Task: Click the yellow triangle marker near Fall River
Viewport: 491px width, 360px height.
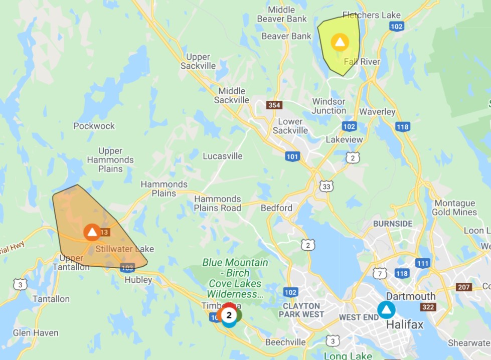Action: tap(340, 42)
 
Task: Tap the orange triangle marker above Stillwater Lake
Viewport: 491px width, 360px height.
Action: tap(92, 232)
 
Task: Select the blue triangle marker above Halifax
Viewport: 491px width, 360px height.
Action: tap(386, 310)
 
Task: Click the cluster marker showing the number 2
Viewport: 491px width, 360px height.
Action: tap(229, 315)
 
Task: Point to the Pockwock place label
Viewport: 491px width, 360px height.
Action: tap(94, 126)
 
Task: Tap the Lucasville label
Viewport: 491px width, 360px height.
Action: tap(223, 156)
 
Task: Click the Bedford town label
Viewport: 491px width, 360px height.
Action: tap(276, 208)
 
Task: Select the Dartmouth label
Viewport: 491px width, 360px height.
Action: tap(410, 296)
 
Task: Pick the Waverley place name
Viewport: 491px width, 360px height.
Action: tap(378, 112)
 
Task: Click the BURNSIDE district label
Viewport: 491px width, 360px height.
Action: tap(393, 224)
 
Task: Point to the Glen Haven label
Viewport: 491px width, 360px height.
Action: tap(36, 333)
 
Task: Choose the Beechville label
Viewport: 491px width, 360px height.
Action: tap(285, 342)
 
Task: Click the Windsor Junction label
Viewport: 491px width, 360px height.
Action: tap(329, 106)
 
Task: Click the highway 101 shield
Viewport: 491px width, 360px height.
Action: tap(292, 156)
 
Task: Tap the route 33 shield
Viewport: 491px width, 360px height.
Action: tap(326, 187)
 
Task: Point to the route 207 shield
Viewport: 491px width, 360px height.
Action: tap(464, 287)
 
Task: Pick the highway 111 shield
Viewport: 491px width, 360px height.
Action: tap(423, 263)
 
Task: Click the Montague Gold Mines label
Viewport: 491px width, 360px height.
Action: tap(454, 208)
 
